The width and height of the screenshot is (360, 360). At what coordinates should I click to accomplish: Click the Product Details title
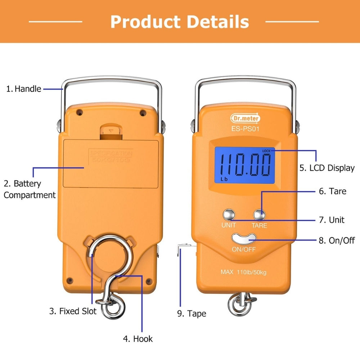[x=180, y=22]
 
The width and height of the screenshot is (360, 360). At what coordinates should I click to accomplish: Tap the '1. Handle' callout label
[x=24, y=89]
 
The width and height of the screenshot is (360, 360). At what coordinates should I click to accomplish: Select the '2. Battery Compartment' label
[x=30, y=189]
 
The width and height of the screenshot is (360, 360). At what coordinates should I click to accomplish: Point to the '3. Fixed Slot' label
[x=73, y=311]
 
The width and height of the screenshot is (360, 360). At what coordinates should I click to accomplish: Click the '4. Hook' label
[x=138, y=339]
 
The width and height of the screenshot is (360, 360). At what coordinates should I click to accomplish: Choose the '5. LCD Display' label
[x=327, y=168]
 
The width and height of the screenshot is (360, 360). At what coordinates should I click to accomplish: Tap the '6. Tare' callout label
[x=333, y=191]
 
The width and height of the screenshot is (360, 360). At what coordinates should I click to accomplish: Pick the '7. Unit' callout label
[x=332, y=220]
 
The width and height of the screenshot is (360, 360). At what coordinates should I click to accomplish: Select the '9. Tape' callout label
[x=192, y=314]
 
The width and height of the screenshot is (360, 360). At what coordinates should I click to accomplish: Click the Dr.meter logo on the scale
[x=245, y=118]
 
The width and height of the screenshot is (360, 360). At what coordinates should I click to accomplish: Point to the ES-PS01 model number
[x=245, y=129]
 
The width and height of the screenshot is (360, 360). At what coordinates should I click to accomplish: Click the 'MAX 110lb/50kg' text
[x=244, y=272]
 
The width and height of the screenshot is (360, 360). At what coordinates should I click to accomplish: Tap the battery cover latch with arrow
[x=110, y=132]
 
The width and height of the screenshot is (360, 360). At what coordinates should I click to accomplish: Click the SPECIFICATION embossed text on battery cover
[x=111, y=153]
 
